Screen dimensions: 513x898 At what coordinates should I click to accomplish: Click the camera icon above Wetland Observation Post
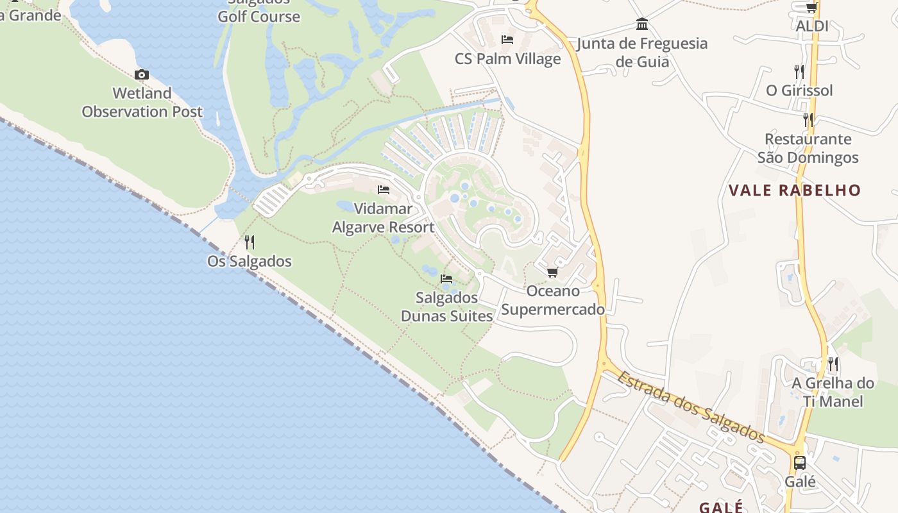pos(142,75)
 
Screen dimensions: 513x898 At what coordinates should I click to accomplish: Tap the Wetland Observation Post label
pos(142,103)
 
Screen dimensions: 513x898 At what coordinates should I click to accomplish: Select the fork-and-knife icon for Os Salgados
pos(250,242)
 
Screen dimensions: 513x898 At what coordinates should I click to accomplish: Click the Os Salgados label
pos(250,262)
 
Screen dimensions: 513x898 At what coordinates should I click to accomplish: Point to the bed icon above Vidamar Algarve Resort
pos(384,190)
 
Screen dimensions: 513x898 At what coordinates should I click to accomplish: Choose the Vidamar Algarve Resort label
pos(384,218)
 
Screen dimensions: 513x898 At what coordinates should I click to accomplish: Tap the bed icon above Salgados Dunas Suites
pos(446,279)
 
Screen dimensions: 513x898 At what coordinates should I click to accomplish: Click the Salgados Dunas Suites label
pos(446,307)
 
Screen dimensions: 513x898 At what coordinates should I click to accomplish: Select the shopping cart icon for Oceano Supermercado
pos(552,273)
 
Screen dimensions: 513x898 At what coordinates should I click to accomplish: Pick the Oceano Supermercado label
pos(553,300)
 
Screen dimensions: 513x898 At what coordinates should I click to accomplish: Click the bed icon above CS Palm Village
pos(507,40)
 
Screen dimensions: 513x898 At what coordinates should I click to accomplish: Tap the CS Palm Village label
pos(507,59)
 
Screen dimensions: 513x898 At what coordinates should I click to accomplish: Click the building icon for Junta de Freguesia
pos(641,25)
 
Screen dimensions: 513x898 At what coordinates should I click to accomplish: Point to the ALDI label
pos(812,26)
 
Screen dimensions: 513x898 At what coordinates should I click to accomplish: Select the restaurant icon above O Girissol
pos(799,71)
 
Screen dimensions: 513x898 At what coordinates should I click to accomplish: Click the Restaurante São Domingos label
pos(808,148)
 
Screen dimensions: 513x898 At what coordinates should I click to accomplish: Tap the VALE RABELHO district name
pos(795,190)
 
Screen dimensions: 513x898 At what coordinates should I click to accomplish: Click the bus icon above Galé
pos(800,463)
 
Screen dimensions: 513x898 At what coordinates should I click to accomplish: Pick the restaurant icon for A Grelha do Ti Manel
pos(833,364)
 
